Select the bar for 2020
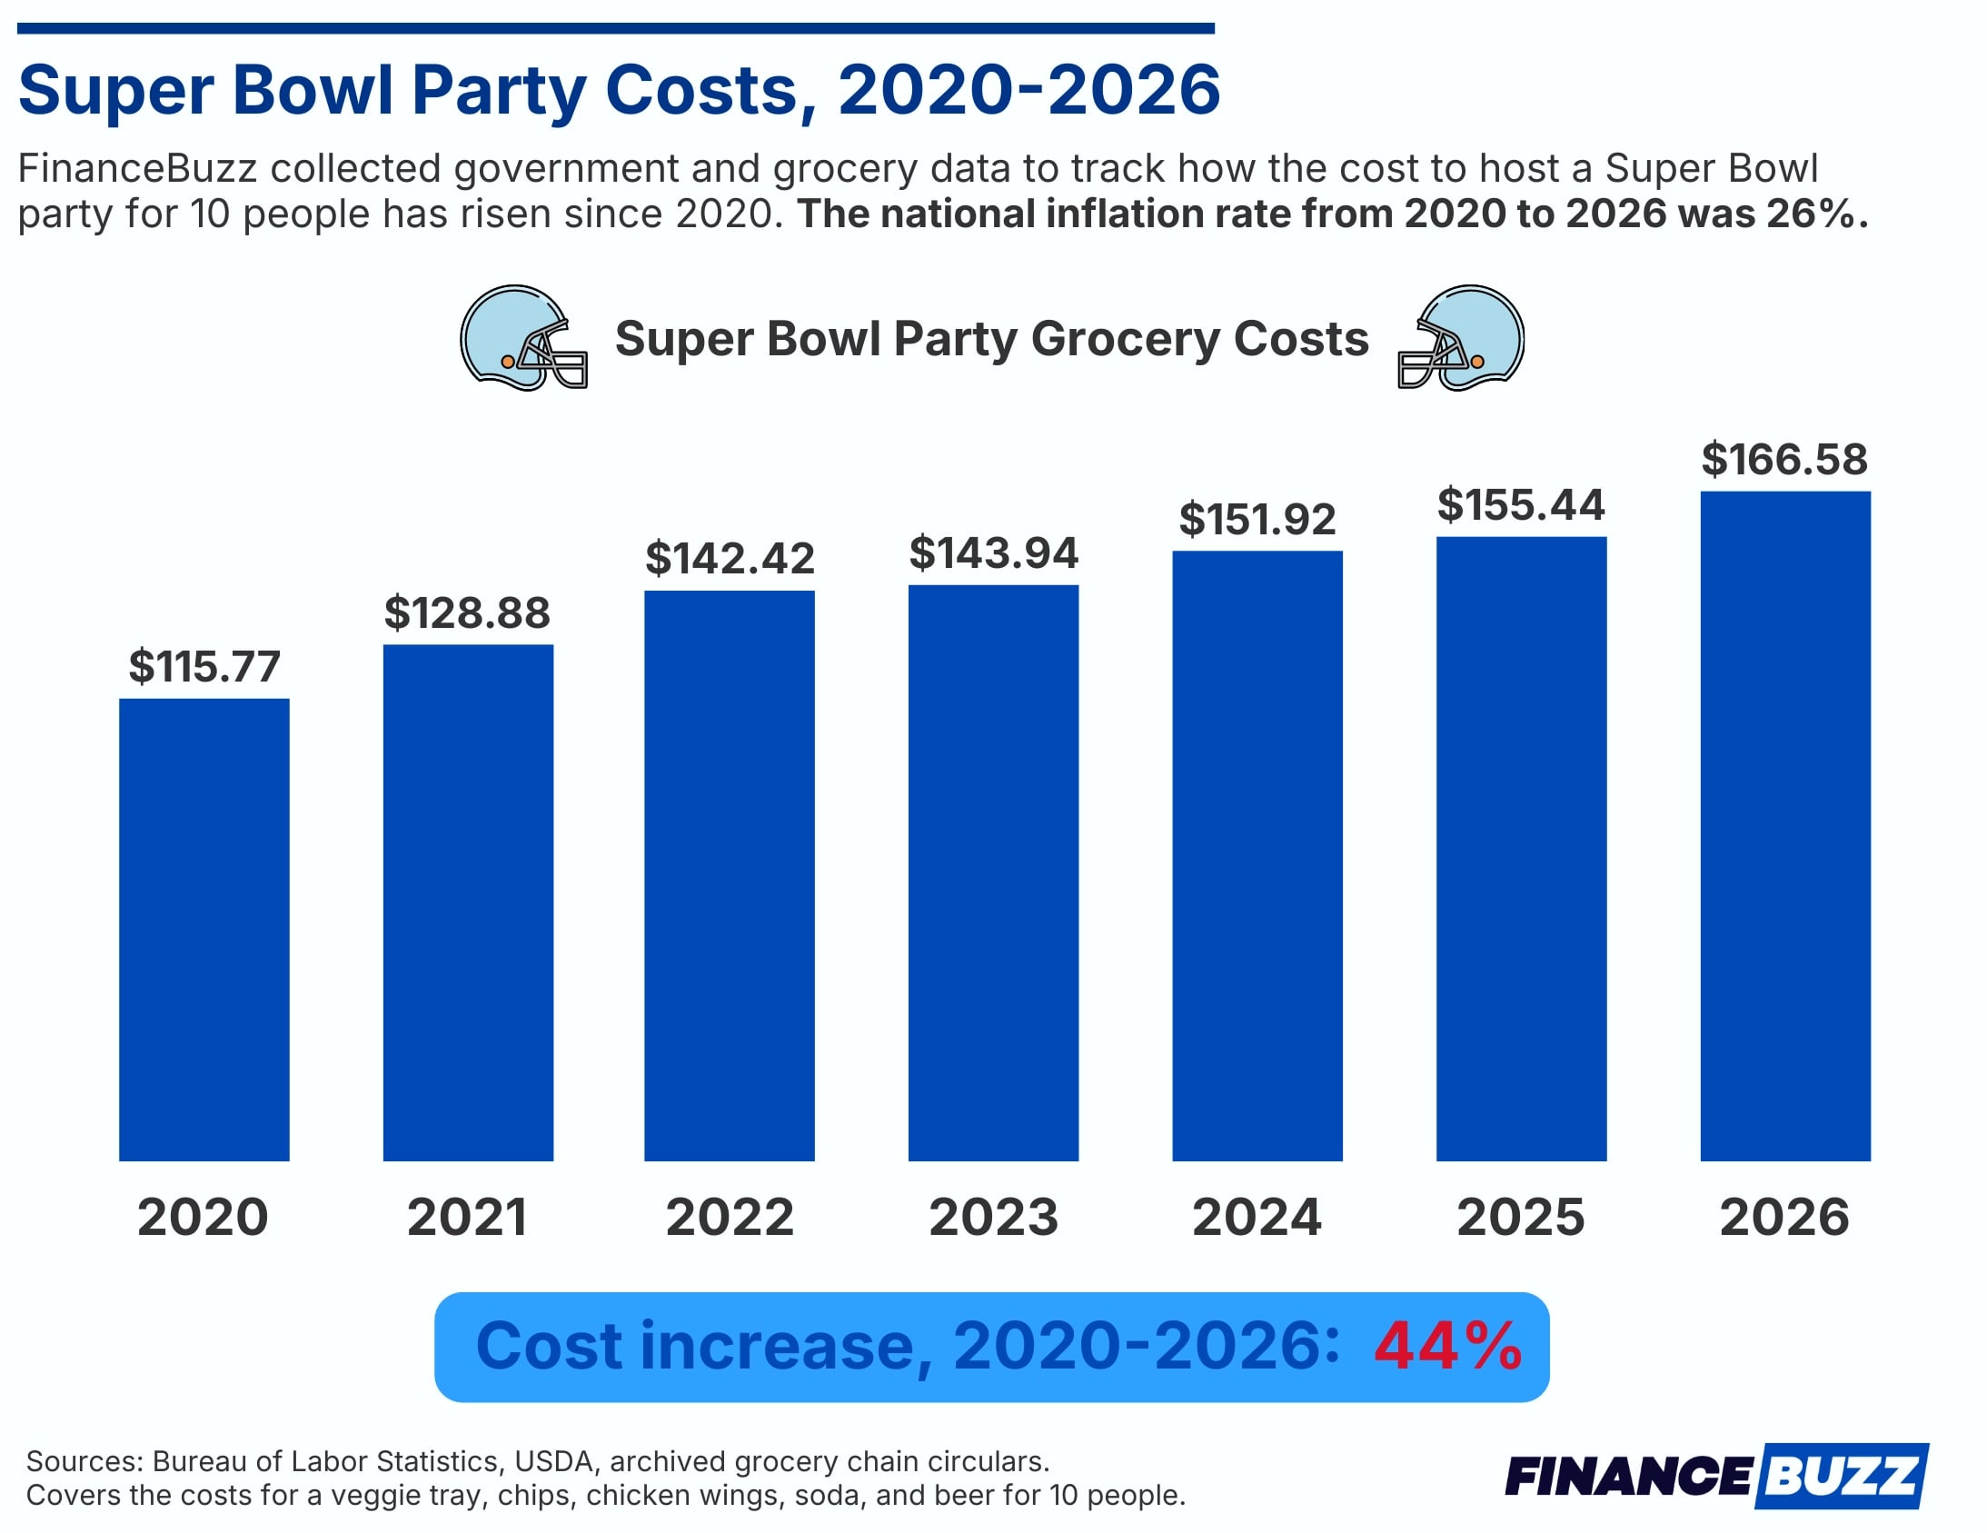pyautogui.click(x=204, y=928)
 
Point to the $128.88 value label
pyautogui.click(x=467, y=613)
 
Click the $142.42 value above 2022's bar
pyautogui.click(x=730, y=559)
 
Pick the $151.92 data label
pyautogui.click(x=1257, y=520)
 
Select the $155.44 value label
pyautogui.click(x=1520, y=505)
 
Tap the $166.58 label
pyautogui.click(x=1784, y=460)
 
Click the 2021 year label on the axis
pyautogui.click(x=467, y=1218)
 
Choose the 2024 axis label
pyautogui.click(x=1257, y=1218)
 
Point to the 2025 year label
pyautogui.click(x=1520, y=1218)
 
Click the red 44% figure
pyautogui.click(x=1447, y=1346)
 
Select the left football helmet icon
pyautogui.click(x=523, y=337)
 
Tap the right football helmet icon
pyautogui.click(x=1461, y=337)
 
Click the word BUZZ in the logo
pyautogui.click(x=1842, y=1475)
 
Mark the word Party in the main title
pyautogui.click(x=499, y=91)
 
